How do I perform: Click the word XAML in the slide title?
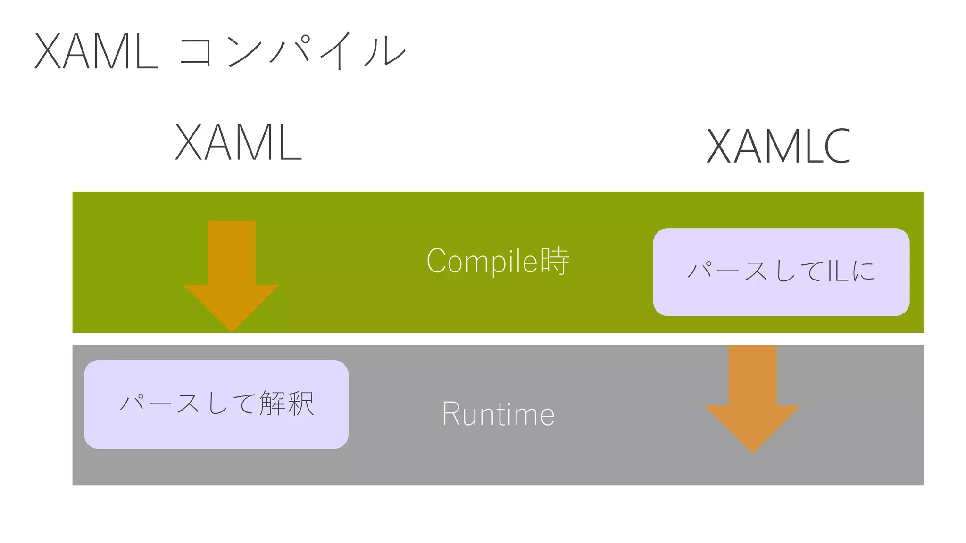coord(96,52)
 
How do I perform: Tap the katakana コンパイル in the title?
coord(292,51)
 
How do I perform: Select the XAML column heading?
coord(238,142)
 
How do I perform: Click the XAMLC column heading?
coord(778,146)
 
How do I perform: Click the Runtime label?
coord(498,414)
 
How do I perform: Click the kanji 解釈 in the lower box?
coord(287,403)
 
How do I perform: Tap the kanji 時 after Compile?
coord(555,261)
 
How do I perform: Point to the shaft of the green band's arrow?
coord(232,252)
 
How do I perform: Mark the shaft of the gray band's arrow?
coord(753,375)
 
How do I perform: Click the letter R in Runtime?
coord(451,414)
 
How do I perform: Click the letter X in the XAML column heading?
coord(189,142)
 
